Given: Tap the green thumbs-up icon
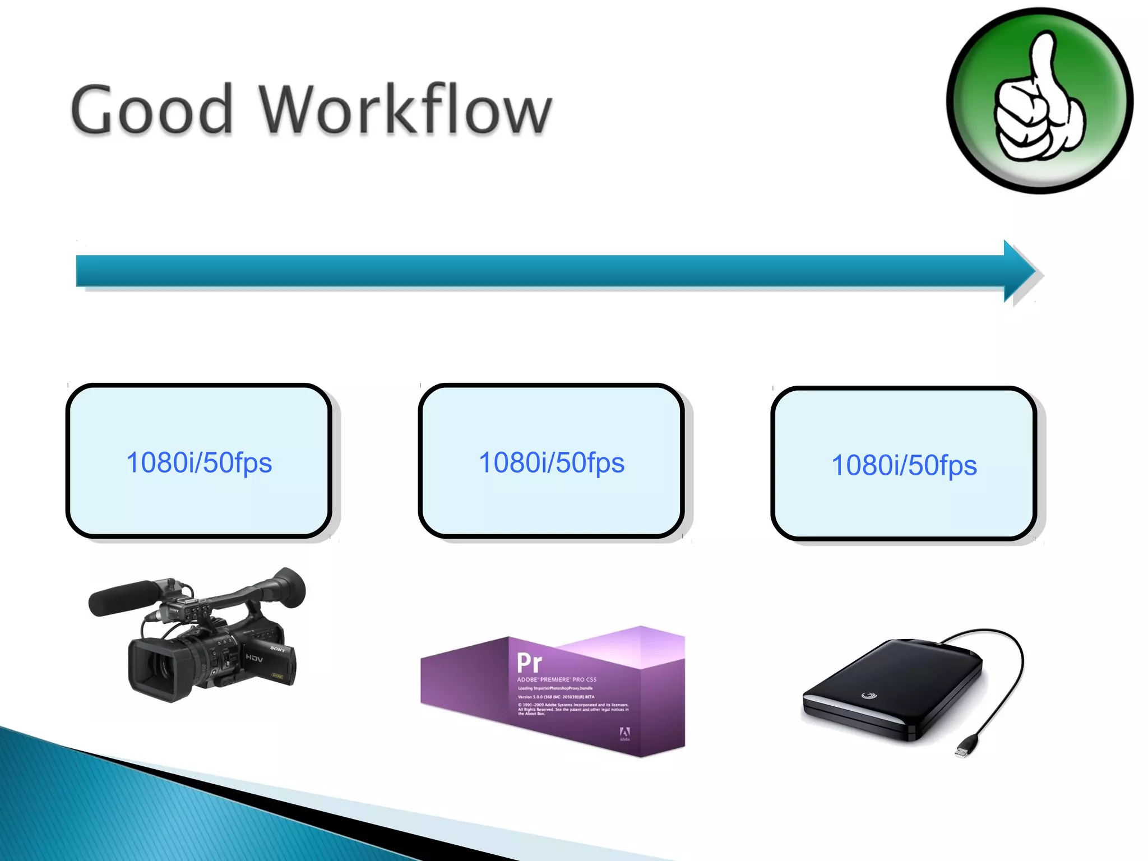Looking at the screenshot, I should [x=1040, y=101].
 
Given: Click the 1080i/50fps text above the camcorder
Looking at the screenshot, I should [x=199, y=463].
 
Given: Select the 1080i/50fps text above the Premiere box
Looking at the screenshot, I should [x=552, y=463].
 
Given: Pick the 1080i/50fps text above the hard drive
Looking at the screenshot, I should [x=904, y=465].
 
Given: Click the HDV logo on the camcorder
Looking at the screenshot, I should [x=254, y=658].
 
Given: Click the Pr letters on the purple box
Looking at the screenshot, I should [x=529, y=663].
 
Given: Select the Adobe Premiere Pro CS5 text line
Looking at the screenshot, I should [x=557, y=679].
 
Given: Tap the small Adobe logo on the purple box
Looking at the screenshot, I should [x=624, y=733].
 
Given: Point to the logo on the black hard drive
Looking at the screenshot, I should [x=868, y=696].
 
